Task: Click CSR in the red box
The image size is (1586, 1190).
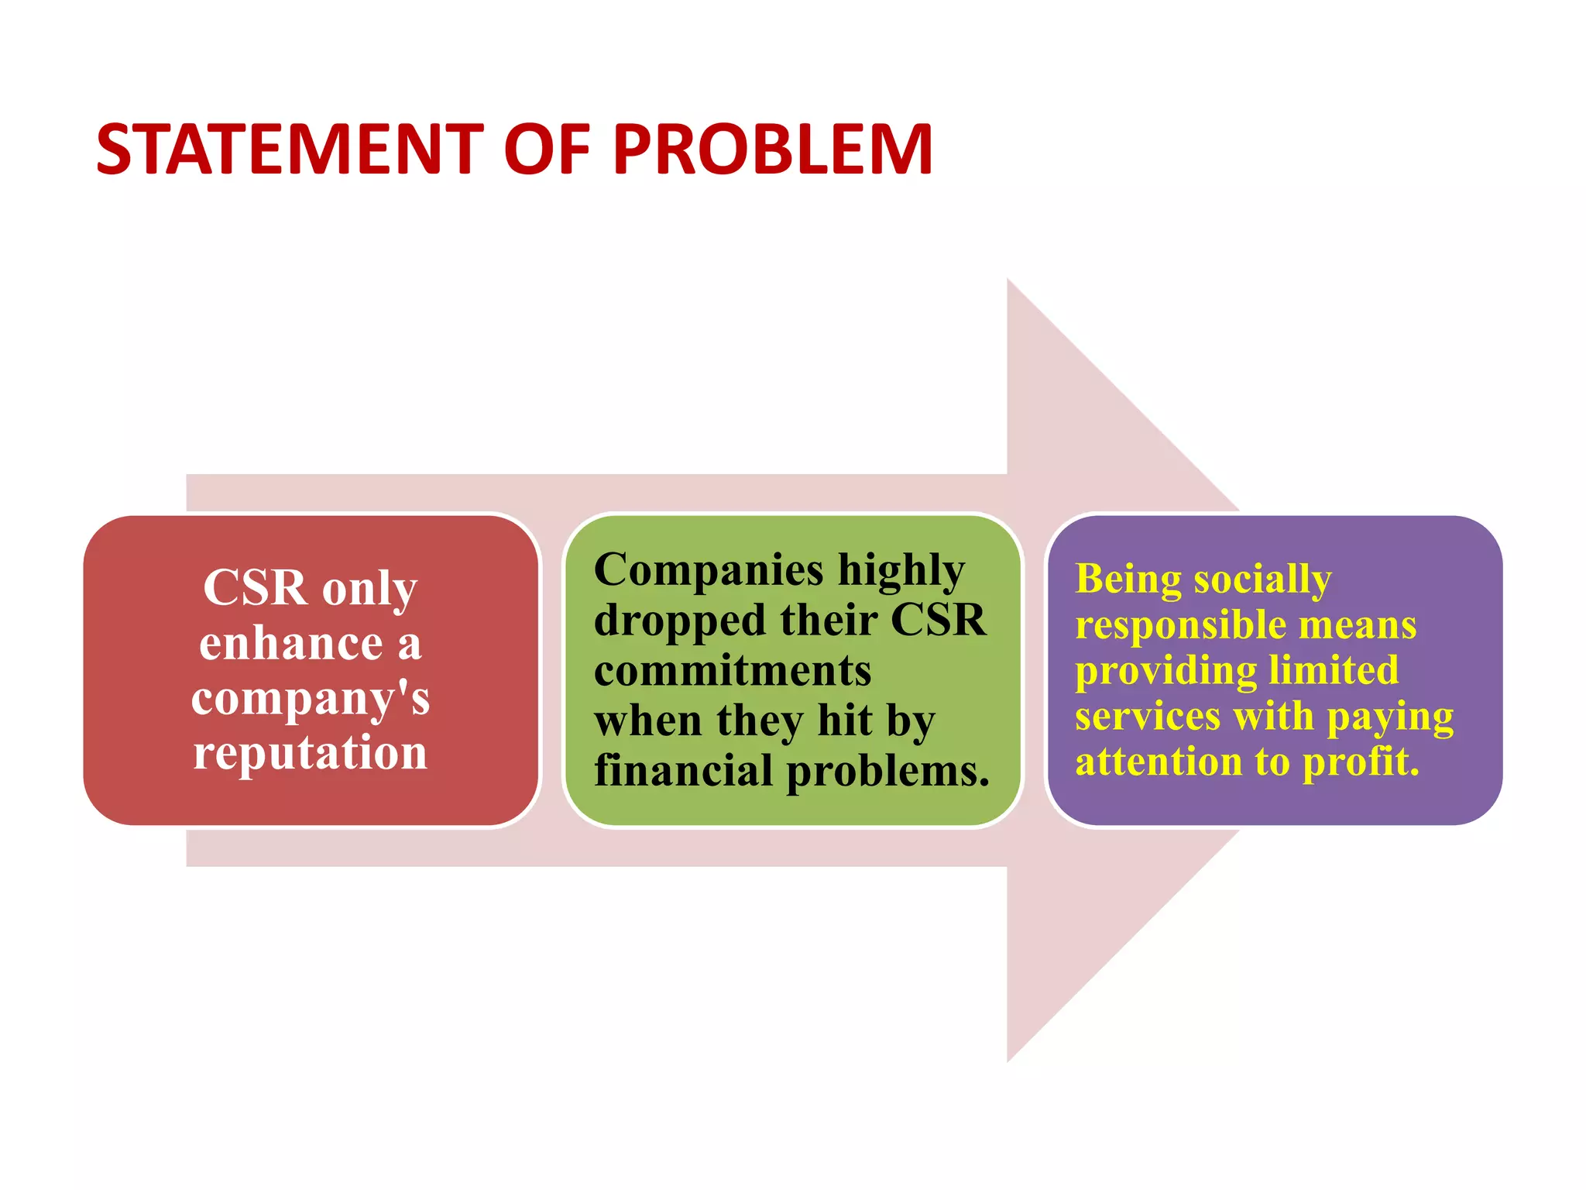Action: pos(255,588)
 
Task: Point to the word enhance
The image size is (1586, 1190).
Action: pos(291,643)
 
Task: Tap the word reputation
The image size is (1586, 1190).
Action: pos(311,753)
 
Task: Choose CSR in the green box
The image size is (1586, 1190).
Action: pos(939,621)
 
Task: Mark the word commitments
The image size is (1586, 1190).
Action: pos(733,670)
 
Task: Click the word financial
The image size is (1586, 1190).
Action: pos(684,771)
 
